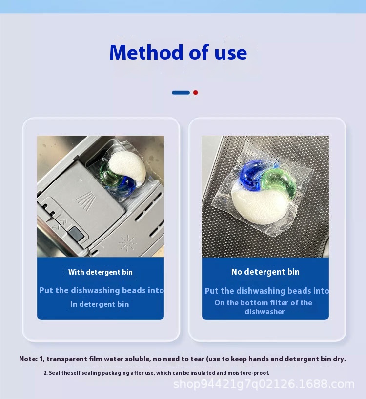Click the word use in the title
(231, 52)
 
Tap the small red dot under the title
(195, 92)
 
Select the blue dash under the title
(181, 92)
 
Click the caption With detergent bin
(100, 272)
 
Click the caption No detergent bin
(265, 272)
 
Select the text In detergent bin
(100, 304)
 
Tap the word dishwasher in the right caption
(264, 312)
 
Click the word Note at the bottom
(28, 359)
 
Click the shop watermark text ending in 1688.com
(264, 384)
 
